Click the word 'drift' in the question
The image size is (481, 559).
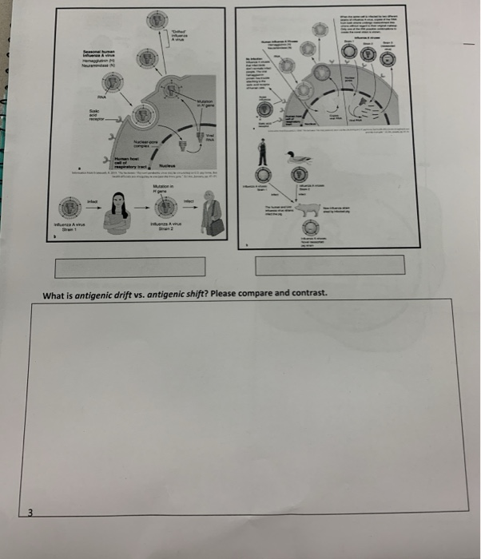[x=129, y=293]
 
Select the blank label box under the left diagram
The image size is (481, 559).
[x=131, y=266]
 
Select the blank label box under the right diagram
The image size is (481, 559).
[x=329, y=265]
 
